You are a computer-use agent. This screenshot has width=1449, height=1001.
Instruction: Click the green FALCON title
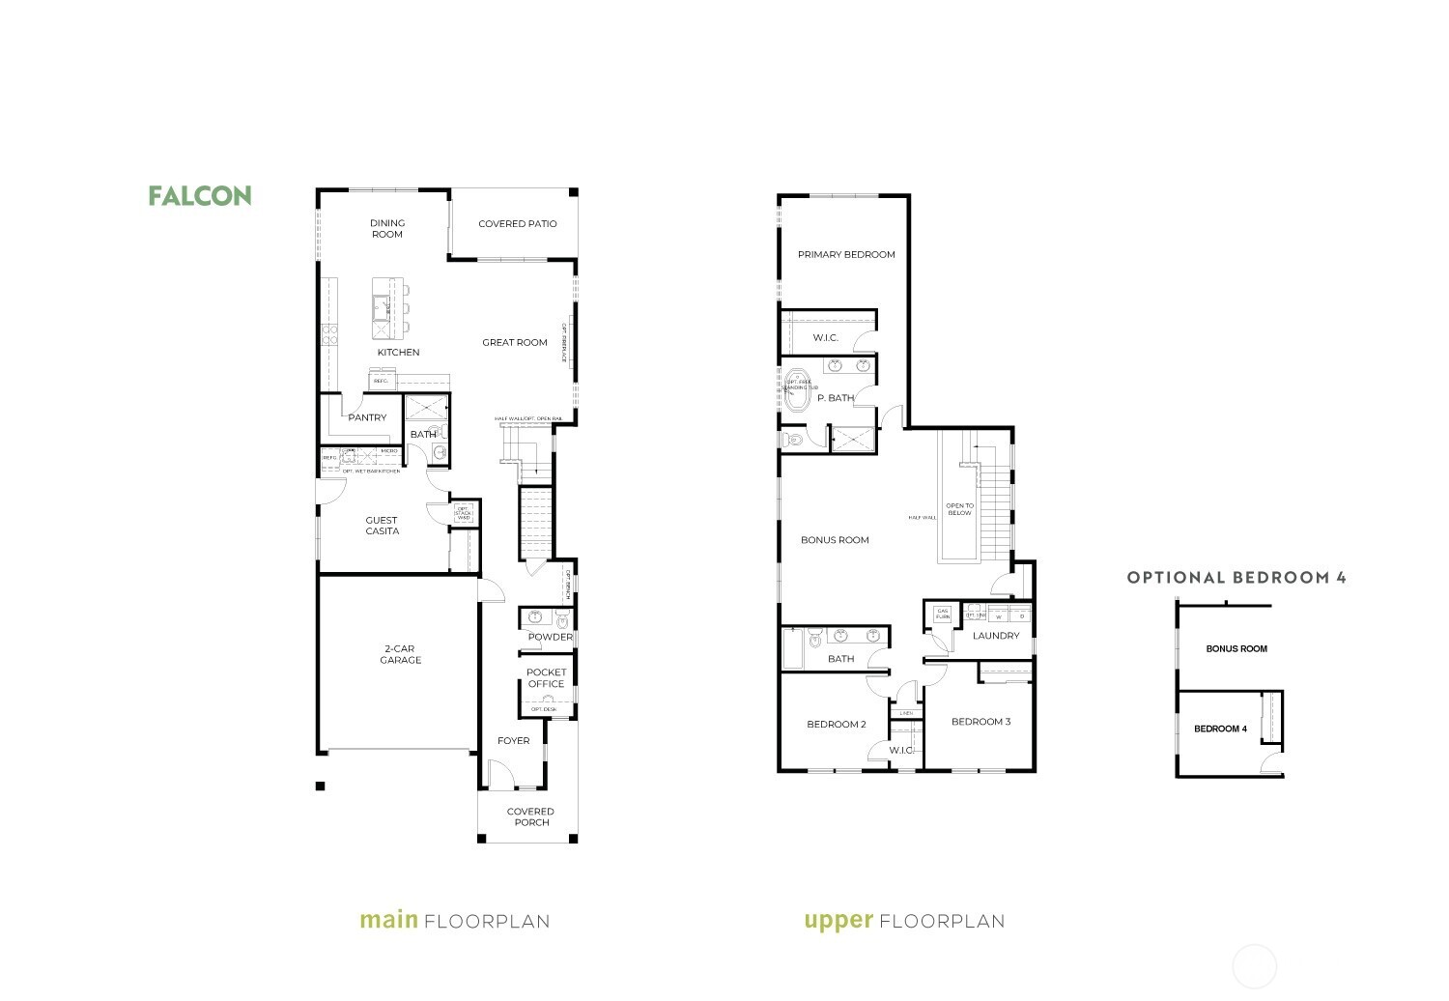click(200, 196)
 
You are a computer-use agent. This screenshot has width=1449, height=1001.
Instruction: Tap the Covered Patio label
click(517, 224)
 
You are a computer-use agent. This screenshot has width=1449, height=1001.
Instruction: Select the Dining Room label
click(386, 229)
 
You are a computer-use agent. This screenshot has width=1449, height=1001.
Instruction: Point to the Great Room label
click(515, 342)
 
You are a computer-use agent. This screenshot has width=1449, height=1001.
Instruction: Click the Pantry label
click(367, 418)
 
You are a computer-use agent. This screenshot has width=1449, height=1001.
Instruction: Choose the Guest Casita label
click(382, 526)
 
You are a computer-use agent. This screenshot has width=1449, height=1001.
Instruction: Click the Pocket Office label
click(546, 678)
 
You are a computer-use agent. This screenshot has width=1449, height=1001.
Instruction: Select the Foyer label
click(513, 741)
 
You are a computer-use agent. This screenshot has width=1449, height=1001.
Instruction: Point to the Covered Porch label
click(530, 817)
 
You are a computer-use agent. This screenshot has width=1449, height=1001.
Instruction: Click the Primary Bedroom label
click(846, 255)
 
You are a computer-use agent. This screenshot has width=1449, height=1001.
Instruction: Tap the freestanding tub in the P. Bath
click(799, 389)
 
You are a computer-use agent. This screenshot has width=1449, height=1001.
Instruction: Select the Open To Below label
click(959, 509)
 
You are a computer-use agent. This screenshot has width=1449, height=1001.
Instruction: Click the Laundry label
click(996, 636)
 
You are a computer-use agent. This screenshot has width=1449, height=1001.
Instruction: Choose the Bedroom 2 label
click(837, 725)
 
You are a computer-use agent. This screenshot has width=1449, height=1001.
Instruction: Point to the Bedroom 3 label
click(980, 722)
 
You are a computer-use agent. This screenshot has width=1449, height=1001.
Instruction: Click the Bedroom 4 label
click(1220, 729)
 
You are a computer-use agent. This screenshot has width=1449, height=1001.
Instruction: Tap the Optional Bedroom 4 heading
click(1236, 578)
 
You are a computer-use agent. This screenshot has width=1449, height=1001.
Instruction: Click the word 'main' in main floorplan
click(388, 920)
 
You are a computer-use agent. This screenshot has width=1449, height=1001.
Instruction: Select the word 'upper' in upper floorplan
click(838, 921)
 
